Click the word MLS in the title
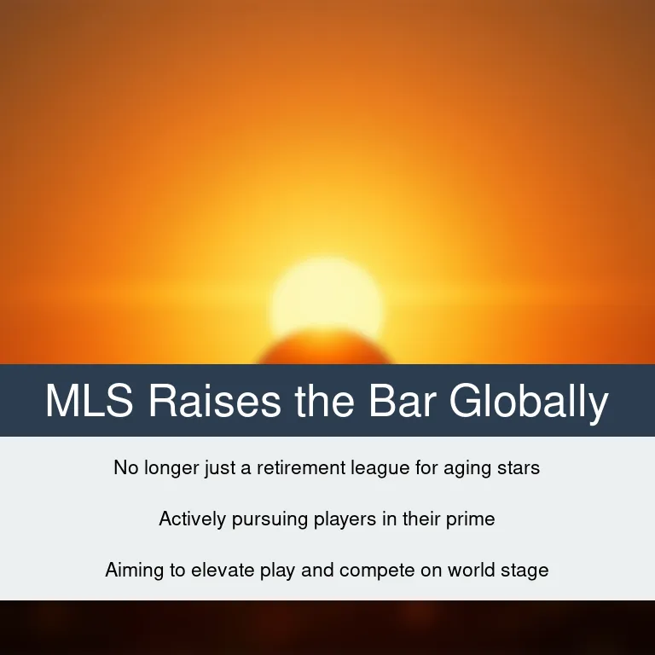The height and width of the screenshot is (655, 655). [x=90, y=400]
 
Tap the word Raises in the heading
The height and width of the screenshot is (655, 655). [x=215, y=400]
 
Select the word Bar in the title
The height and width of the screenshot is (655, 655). [x=403, y=400]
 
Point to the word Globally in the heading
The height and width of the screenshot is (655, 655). [x=529, y=402]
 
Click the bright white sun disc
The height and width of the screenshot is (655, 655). [x=327, y=297]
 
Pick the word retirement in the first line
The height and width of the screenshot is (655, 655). [x=301, y=467]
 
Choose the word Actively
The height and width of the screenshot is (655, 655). [x=193, y=519]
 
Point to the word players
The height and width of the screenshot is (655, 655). [x=345, y=520]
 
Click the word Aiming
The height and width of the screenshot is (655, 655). [x=135, y=571]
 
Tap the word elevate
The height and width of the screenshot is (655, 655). [x=223, y=571]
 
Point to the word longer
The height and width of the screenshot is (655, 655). [x=171, y=469]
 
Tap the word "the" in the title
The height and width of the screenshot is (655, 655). [x=325, y=400]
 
